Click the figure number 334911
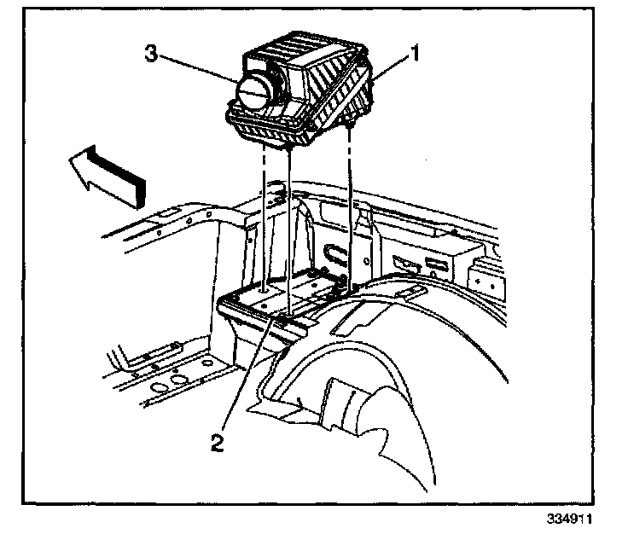click(570, 519)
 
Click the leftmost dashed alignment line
click(265, 213)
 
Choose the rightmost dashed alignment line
click(351, 205)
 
